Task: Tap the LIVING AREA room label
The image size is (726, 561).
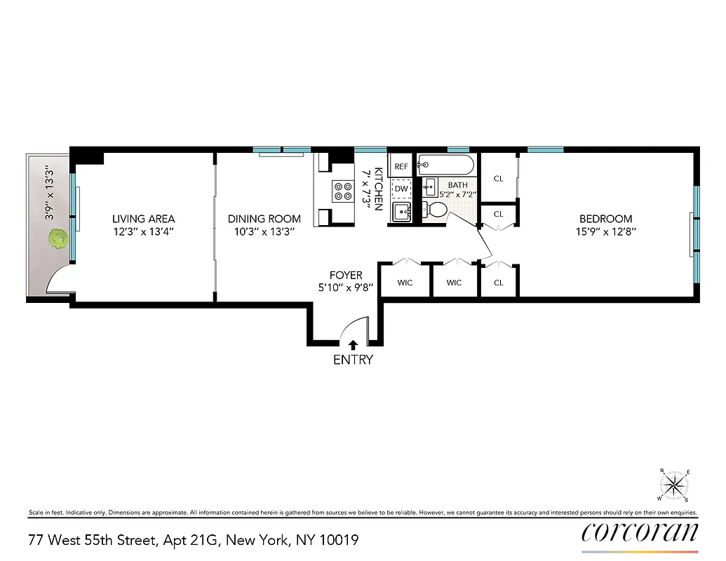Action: (x=143, y=219)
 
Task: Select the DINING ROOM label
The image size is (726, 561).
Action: (x=264, y=219)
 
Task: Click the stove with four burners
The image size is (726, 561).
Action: (x=344, y=191)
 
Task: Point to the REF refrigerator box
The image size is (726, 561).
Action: (x=401, y=167)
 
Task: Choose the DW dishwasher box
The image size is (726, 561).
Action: (x=401, y=189)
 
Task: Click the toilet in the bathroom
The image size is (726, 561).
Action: (x=436, y=209)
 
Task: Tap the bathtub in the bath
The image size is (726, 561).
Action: (x=445, y=165)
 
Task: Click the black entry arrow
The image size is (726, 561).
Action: (x=353, y=344)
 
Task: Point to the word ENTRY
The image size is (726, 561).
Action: (x=353, y=360)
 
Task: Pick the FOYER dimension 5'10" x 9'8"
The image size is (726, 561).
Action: (x=346, y=287)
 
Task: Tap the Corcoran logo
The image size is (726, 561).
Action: (x=640, y=533)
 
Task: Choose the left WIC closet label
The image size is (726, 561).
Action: (x=405, y=283)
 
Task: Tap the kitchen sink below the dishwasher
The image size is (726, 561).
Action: (x=401, y=211)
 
